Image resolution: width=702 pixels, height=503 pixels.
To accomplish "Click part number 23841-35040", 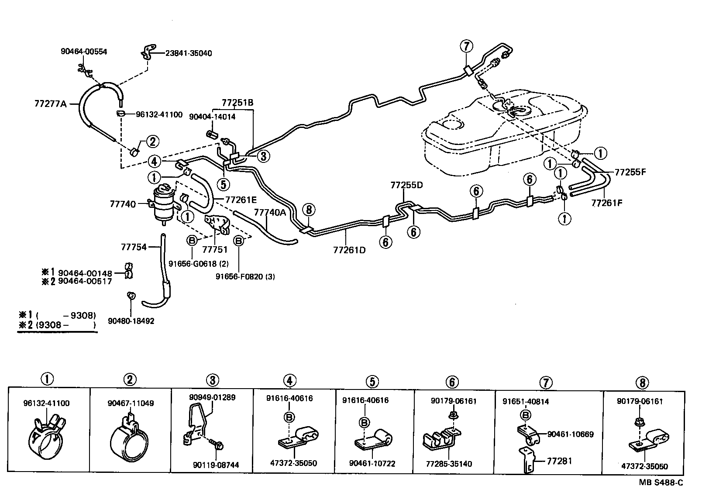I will [189, 53].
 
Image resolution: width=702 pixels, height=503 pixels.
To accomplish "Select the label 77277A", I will [50, 104].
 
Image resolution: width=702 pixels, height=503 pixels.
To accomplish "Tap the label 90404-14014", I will [212, 117].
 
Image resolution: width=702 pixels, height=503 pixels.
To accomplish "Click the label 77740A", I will [270, 212].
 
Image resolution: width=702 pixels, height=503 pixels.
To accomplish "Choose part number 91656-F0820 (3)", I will [245, 276].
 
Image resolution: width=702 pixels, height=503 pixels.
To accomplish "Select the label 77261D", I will [349, 250].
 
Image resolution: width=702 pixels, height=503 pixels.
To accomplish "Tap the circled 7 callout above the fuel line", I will [466, 46].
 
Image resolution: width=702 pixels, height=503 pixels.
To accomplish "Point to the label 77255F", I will [630, 172].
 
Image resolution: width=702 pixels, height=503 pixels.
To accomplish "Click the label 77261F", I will [607, 203].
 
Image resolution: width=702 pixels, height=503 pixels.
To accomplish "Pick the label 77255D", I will [407, 185].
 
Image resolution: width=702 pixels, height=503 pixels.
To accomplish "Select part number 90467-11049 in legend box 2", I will [131, 403].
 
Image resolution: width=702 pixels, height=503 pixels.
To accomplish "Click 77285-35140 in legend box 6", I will [449, 464].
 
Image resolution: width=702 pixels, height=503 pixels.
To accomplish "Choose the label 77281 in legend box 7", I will [559, 461].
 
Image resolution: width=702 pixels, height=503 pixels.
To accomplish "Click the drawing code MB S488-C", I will [661, 482].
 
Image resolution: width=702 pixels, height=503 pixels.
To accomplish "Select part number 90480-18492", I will [131, 321].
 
